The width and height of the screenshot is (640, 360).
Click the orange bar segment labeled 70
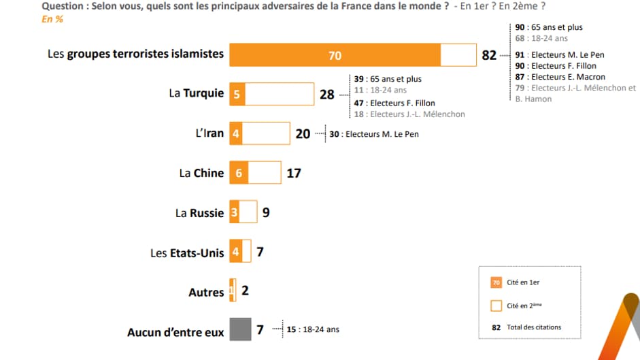[335, 55]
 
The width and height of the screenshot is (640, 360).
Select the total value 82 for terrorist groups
[489, 56]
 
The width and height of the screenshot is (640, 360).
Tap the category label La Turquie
[196, 93]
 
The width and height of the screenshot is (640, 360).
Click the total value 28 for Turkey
[326, 95]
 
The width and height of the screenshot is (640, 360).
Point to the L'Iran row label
[209, 133]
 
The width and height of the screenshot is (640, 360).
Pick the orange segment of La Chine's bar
[239, 173]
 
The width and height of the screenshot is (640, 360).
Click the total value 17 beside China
[294, 173]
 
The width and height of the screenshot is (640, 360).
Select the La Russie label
[199, 213]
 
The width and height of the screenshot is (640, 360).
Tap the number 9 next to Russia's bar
[266, 213]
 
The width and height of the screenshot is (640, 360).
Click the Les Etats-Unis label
[187, 252]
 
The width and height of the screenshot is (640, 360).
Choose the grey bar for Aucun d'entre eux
[240, 331]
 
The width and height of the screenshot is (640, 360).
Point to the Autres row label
[206, 293]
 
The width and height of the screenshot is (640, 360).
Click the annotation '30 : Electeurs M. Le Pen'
[374, 134]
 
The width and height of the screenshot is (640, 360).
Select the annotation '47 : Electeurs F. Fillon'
[394, 103]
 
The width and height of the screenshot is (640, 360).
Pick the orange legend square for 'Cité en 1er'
[496, 282]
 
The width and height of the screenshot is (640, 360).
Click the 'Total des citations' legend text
[534, 327]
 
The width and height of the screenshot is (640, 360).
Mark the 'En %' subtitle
[52, 19]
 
